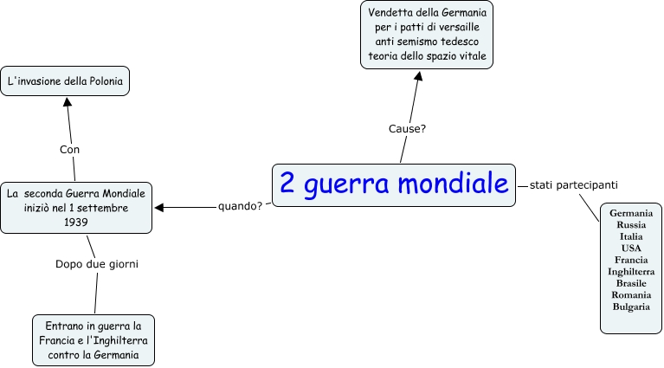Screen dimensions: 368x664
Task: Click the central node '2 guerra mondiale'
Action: pos(393,184)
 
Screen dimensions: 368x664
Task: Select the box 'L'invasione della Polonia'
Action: pos(65,82)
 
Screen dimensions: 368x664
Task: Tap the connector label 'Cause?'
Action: pos(407,128)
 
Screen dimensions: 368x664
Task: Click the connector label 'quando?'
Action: pos(241,206)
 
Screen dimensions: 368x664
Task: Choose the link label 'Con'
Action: pos(69,150)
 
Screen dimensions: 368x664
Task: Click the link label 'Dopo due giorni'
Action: pos(97,263)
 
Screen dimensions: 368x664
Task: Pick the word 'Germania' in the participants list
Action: pos(630,213)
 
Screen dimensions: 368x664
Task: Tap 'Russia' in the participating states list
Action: pos(630,224)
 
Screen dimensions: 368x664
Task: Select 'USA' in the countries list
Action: pos(630,248)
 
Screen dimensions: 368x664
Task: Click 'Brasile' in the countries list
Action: pos(630,283)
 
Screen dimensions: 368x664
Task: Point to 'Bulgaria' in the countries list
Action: pos(630,307)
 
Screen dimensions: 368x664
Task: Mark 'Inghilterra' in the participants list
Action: pos(630,271)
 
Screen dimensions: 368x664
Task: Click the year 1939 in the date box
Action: pos(76,222)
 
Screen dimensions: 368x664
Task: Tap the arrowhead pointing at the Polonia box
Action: pos(66,101)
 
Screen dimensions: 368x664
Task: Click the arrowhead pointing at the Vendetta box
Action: pos(418,76)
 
